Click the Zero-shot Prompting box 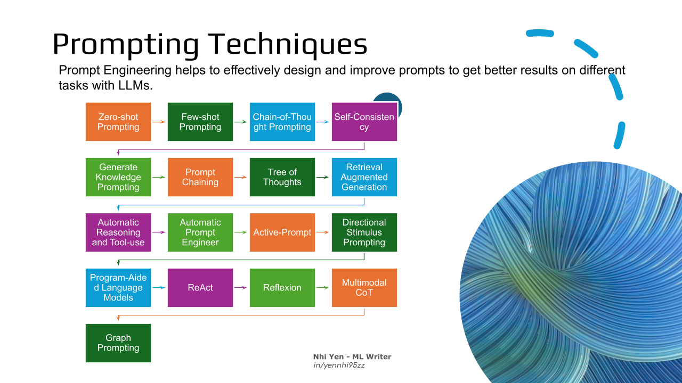point(118,122)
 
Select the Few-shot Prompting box point(200,122)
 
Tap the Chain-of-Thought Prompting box point(282,122)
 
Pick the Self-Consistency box point(364,122)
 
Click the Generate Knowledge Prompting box point(118,177)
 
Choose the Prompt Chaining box point(200,177)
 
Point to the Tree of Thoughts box point(282,177)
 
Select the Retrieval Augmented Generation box point(364,177)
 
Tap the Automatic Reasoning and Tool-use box point(118,232)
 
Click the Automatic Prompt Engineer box point(200,232)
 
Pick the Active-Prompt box point(282,232)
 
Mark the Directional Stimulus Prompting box point(364,232)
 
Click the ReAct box point(200,288)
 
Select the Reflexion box point(282,288)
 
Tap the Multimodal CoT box point(364,288)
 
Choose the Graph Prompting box point(118,343)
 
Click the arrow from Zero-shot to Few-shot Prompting point(159,122)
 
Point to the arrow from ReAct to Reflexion point(240,288)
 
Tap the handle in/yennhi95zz point(339,365)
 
